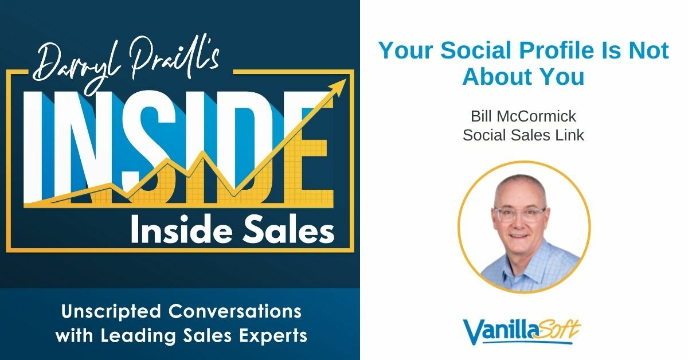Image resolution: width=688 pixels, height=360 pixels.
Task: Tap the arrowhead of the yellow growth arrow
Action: coord(341,85)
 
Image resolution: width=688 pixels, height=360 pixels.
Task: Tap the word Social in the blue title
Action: coord(474,51)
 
